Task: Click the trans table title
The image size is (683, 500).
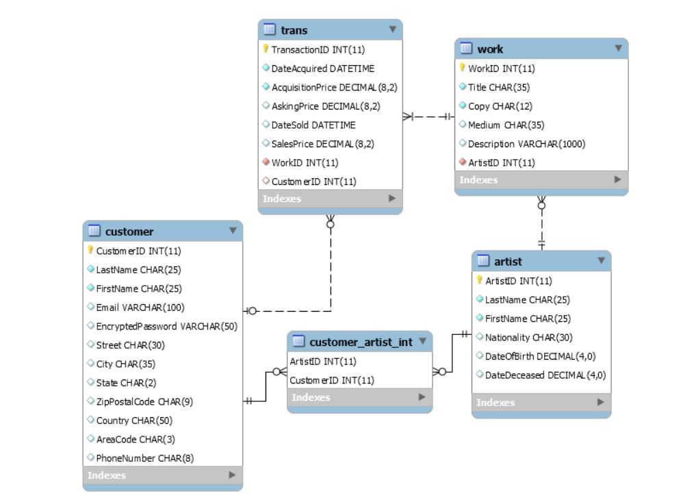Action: pos(294,30)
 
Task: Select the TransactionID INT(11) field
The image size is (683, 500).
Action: pos(309,50)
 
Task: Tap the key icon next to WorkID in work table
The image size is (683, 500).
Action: pos(462,68)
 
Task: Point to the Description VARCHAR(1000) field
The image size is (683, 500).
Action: pos(526,144)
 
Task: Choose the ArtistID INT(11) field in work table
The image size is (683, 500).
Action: pos(501,163)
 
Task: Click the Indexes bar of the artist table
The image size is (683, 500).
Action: pos(541,403)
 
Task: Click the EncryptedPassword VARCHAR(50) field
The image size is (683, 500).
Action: pos(166,327)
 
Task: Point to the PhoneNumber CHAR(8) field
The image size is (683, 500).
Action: pos(145,458)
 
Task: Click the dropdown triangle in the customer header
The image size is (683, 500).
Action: pos(233,231)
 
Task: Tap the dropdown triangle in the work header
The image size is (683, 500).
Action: pos(618,49)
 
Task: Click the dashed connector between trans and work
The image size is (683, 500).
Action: pos(430,116)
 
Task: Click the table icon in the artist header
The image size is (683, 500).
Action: pos(483,261)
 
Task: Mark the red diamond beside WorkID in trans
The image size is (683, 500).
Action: pos(266,162)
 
